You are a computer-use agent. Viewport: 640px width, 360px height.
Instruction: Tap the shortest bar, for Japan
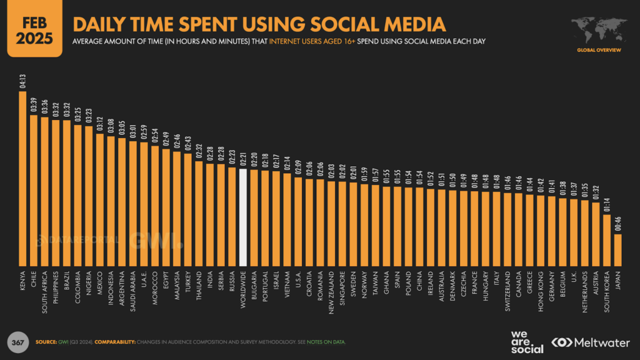point(617,250)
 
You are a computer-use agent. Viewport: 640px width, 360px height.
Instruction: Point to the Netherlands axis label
point(584,291)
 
